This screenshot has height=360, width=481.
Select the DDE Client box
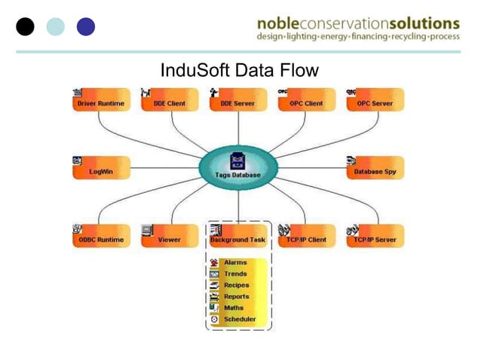170,102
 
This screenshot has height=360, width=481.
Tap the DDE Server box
237,102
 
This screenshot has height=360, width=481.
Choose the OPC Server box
375,102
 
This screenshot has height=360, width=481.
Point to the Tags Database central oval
238,168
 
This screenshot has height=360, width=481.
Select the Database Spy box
375,171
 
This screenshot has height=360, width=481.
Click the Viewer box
170,239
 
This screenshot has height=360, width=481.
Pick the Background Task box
237,239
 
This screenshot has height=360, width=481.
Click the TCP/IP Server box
375,239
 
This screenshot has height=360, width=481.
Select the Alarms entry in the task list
235,263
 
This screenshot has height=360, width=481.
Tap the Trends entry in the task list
235,274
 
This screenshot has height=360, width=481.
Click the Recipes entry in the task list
236,285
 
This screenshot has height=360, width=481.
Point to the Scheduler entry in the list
240,319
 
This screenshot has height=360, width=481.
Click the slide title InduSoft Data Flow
240,71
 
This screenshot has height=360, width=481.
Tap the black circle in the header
26,26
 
